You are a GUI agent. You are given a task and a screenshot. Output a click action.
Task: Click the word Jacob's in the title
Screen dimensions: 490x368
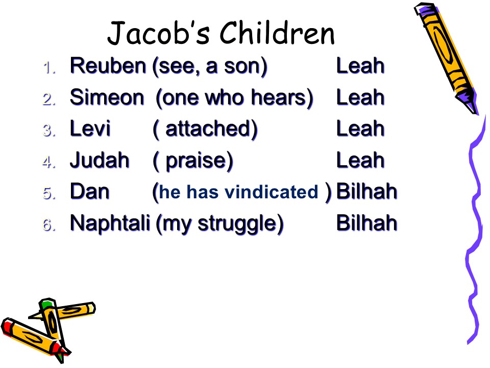pos(158,33)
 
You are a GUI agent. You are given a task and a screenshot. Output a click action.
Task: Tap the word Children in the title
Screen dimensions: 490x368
pos(277,33)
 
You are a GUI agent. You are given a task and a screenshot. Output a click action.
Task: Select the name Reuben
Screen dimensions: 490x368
pos(108,66)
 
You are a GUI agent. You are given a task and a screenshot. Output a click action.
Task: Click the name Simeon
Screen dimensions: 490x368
pos(107,97)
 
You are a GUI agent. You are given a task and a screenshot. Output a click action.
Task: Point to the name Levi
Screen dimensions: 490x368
pos(90,129)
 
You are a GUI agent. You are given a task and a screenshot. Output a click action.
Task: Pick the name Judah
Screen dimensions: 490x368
pos(100,160)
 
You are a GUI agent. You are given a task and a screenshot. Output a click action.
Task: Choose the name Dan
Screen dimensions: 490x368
pos(90,192)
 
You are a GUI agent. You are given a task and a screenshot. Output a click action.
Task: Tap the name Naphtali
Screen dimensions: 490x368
pos(110,223)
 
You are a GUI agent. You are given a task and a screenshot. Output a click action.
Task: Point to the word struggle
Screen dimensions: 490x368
pos(237,224)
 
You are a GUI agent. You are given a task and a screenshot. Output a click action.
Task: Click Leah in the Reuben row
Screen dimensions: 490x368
pos(360,66)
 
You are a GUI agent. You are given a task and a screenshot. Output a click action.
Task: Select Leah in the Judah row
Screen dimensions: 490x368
pos(360,160)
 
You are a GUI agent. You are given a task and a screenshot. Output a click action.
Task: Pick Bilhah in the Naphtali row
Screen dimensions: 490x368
pos(366,223)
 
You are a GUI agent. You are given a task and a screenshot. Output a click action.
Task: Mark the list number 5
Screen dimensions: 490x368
pos(49,193)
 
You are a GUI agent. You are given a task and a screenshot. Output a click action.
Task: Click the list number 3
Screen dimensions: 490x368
pos(49,130)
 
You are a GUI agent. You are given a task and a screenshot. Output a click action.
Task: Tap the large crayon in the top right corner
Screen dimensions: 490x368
pos(447,58)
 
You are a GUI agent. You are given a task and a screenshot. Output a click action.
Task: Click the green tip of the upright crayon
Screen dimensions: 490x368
pos(46,304)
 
